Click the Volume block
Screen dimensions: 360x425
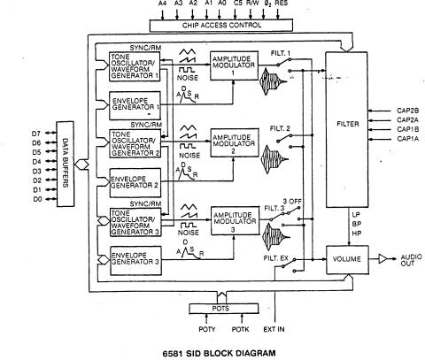click(347, 261)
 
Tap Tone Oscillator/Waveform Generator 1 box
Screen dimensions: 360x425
click(133, 66)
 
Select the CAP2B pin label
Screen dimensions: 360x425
click(408, 111)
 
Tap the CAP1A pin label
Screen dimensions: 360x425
click(408, 139)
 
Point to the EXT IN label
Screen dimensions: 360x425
click(275, 330)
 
